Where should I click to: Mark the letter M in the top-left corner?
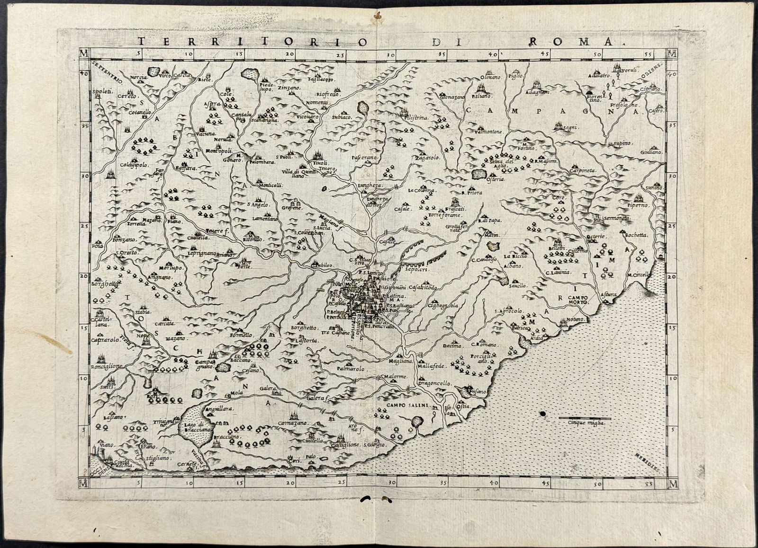coord(84,53)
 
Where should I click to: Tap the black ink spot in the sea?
coord(541,415)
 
